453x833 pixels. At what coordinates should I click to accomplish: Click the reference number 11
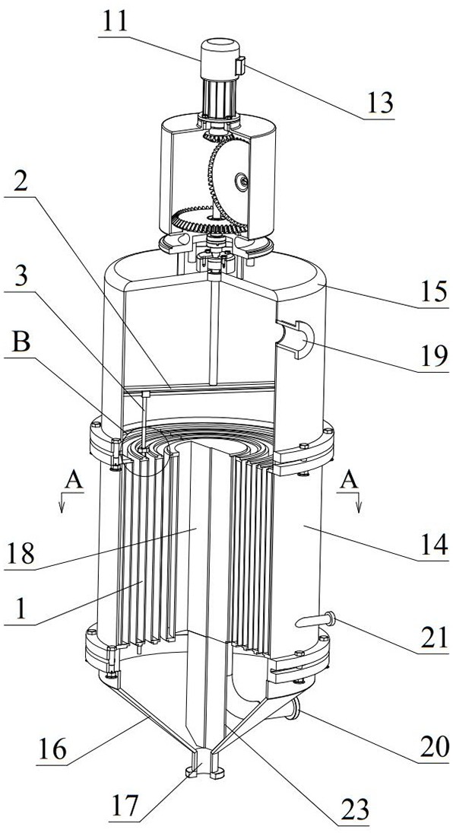[x=114, y=23]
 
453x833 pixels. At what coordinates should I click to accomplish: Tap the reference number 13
[x=379, y=103]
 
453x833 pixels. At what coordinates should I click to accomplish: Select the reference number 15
[x=433, y=292]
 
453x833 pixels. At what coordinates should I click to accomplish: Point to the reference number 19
[x=433, y=356]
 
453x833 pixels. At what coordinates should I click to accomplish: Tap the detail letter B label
[x=21, y=344]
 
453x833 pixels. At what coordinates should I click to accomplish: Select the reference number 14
[x=434, y=545]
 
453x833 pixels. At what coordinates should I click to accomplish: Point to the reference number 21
[x=433, y=637]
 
